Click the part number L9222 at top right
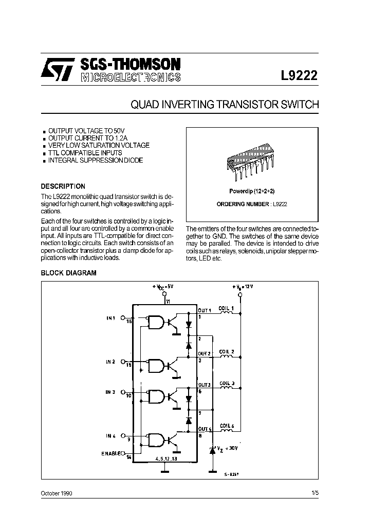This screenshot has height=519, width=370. (299, 75)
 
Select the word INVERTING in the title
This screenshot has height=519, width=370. (188, 105)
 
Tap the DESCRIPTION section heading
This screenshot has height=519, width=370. (63, 187)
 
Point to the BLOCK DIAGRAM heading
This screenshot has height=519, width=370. (68, 273)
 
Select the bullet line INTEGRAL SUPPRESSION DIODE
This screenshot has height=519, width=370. (96, 161)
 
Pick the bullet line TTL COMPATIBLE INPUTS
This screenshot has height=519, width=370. (85, 153)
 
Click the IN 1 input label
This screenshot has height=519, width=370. (111, 318)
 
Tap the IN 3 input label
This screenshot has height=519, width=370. (111, 392)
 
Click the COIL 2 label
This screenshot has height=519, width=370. (226, 352)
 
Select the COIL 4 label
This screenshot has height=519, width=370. (226, 426)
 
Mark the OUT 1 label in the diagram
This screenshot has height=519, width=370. (205, 310)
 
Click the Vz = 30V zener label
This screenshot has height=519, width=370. (227, 448)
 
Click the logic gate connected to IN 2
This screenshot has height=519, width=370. (156, 365)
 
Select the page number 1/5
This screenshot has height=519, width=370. (314, 493)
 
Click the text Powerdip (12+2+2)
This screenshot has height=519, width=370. (248, 191)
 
